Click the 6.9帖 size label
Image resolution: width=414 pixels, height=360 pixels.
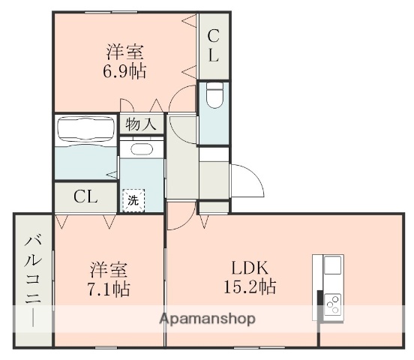pyautogui.click(x=125, y=73)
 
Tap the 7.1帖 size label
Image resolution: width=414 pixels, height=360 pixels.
pyautogui.click(x=109, y=289)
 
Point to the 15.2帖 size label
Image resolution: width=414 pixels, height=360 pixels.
pyautogui.click(x=249, y=287)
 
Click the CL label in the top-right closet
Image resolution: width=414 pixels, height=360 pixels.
pyautogui.click(x=213, y=44)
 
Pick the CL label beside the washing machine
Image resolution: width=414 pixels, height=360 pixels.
pyautogui.click(x=85, y=197)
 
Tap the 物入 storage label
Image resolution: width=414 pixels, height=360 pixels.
pyautogui.click(x=141, y=124)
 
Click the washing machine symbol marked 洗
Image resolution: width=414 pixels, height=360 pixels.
pyautogui.click(x=133, y=200)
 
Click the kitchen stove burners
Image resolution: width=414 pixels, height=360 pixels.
pyautogui.click(x=331, y=304)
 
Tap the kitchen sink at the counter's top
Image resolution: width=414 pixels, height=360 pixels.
pyautogui.click(x=332, y=266)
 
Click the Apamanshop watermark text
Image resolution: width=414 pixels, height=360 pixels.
pyautogui.click(x=207, y=319)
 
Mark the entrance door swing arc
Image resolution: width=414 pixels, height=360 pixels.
pyautogui.click(x=246, y=180)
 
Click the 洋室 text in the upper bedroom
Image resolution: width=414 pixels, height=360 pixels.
pyautogui.click(x=124, y=52)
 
